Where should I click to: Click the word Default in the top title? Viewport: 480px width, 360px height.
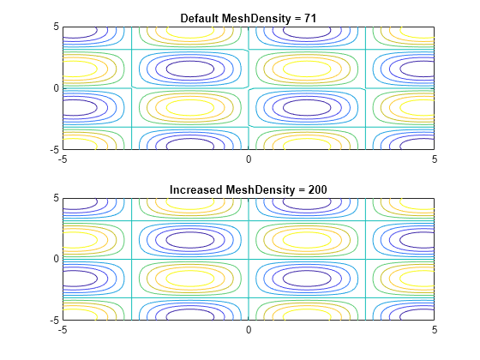[200, 18]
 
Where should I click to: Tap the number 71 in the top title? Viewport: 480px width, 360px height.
[310, 18]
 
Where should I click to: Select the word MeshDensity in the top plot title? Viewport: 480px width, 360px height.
[256, 19]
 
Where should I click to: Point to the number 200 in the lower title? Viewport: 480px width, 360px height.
[317, 189]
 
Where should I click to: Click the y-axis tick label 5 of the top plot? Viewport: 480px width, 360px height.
[56, 27]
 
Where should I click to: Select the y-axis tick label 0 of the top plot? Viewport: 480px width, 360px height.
[56, 88]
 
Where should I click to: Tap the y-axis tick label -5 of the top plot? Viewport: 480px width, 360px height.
[55, 150]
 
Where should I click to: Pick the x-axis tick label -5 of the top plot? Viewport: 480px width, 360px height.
[63, 159]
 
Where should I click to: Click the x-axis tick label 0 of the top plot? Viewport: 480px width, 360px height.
[249, 159]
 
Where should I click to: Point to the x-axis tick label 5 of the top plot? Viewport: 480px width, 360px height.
[435, 159]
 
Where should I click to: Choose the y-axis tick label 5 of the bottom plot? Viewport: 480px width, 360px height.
[56, 198]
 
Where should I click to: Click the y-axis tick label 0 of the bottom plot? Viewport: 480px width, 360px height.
[56, 259]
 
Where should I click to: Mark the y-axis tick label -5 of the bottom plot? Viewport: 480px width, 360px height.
[55, 321]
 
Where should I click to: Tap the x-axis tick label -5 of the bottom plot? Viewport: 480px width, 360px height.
[63, 330]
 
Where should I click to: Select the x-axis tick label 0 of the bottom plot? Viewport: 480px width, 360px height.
[249, 330]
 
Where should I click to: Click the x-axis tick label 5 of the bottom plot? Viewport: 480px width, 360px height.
[435, 330]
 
